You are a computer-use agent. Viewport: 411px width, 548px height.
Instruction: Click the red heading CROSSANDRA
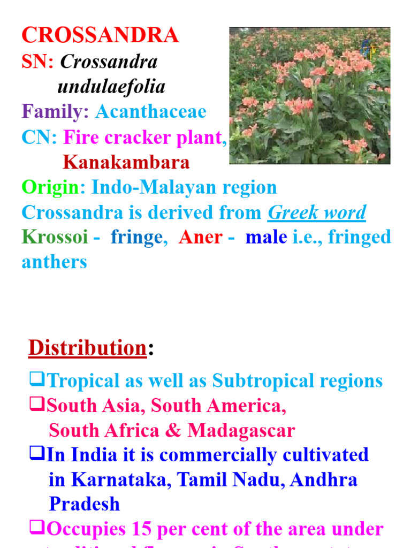(x=100, y=35)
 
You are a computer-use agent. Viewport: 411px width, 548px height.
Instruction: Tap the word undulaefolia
(x=111, y=87)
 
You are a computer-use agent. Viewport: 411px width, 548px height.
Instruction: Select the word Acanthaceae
(x=150, y=112)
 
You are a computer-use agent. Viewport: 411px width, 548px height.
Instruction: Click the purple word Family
(x=55, y=112)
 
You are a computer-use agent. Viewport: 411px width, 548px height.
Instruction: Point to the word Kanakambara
(x=126, y=162)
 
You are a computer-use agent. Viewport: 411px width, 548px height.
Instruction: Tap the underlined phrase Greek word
(x=317, y=212)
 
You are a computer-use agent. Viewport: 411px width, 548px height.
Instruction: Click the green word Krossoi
(x=55, y=237)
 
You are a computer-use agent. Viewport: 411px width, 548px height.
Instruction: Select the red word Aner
(x=201, y=237)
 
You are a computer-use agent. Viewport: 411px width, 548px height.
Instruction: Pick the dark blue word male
(x=266, y=237)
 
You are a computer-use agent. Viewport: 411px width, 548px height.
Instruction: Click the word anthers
(x=54, y=262)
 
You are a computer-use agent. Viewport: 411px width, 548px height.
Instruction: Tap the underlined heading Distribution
(x=87, y=348)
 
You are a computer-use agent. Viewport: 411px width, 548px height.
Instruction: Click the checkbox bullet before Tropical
(x=37, y=380)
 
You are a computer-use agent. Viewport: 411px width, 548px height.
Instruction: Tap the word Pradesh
(x=84, y=504)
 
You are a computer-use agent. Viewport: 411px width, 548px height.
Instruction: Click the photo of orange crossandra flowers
(x=309, y=96)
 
